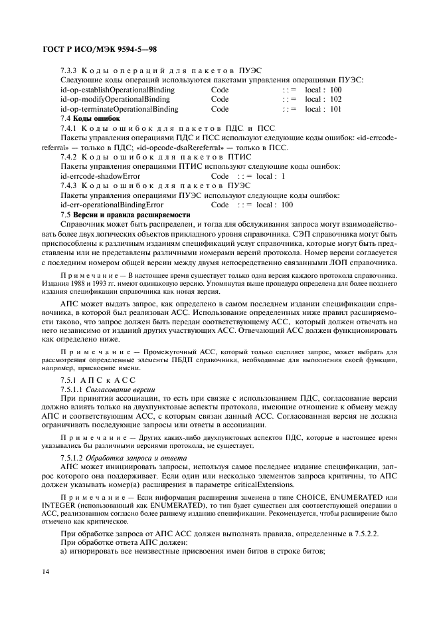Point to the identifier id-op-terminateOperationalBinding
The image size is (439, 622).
[x=119, y=109]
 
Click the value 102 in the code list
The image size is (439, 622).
[x=335, y=99]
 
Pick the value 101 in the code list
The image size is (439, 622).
[x=335, y=109]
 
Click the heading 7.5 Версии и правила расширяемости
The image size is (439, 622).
[x=125, y=215]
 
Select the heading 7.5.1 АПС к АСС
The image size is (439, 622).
[x=88, y=379]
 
